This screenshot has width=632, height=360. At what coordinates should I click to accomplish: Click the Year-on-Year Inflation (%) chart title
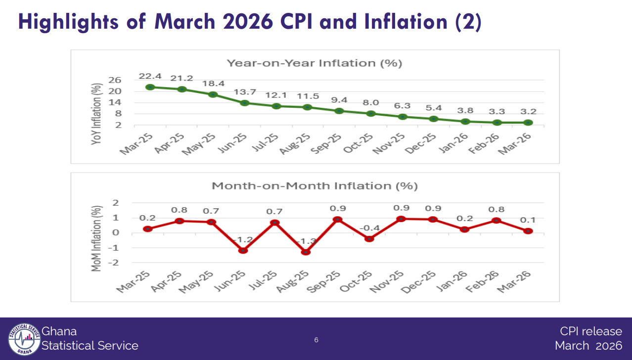(x=314, y=63)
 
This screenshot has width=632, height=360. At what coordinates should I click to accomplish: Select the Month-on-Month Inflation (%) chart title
(x=315, y=186)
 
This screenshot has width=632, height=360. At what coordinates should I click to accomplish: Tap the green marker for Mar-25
(x=150, y=87)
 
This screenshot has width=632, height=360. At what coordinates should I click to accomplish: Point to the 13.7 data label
(x=244, y=92)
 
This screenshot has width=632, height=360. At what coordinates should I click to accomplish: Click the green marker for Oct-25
(x=371, y=113)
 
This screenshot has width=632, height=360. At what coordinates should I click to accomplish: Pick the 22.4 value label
(x=150, y=76)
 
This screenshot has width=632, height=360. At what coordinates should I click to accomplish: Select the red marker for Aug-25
(x=306, y=252)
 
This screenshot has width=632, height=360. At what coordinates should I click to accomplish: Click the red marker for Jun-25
(x=243, y=250)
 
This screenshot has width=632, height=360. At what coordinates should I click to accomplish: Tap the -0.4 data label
(x=369, y=228)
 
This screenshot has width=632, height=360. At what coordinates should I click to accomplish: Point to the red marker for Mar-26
(x=528, y=231)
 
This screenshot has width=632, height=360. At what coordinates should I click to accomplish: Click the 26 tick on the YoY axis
(x=115, y=80)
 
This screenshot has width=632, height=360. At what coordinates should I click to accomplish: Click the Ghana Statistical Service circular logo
(x=24, y=339)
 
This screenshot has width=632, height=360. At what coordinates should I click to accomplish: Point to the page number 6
(x=316, y=340)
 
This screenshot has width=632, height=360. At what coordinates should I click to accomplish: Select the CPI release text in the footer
(x=591, y=331)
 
